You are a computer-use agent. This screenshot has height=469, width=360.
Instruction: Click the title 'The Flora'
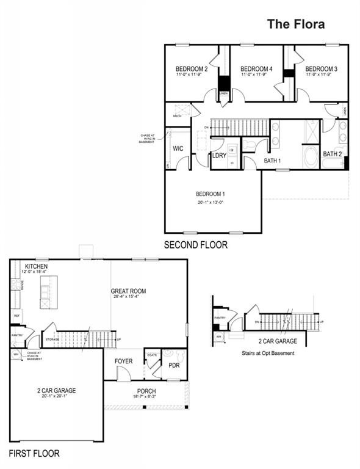tap(296, 24)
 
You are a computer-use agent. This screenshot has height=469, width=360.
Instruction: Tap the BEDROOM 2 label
tap(192, 69)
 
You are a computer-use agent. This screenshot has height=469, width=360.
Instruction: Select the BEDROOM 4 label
tap(256, 69)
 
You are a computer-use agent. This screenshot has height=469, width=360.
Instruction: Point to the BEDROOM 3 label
tap(321, 69)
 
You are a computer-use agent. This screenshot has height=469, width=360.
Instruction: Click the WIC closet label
tap(178, 148)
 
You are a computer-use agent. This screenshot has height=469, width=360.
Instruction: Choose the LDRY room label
tap(219, 156)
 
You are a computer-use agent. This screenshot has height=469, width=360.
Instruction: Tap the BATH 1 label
tap(272, 161)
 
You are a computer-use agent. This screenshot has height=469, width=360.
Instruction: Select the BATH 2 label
tap(332, 154)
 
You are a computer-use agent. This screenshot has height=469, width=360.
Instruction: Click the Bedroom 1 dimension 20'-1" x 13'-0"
tap(213, 203)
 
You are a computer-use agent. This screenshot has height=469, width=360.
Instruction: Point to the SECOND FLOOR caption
tap(195, 245)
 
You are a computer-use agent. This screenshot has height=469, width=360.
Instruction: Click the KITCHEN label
tap(37, 267)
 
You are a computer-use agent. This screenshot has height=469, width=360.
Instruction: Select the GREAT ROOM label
tap(128, 291)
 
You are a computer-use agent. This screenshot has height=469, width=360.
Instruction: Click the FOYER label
tap(124, 362)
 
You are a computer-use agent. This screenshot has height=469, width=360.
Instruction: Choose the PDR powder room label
tap(174, 366)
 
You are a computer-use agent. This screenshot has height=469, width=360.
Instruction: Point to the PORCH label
tap(146, 391)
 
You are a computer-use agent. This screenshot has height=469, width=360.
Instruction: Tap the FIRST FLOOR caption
tap(34, 454)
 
